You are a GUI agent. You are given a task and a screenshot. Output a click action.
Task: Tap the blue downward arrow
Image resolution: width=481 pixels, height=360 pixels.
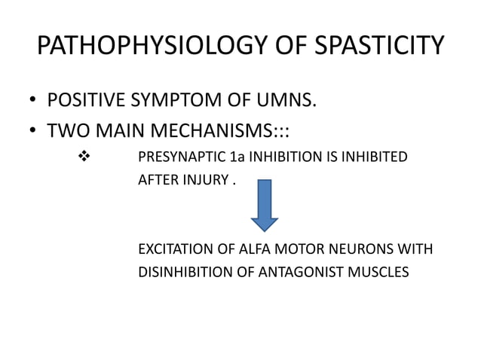point(265,203)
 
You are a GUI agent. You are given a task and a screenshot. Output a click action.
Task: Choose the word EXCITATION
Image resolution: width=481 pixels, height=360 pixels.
point(175,249)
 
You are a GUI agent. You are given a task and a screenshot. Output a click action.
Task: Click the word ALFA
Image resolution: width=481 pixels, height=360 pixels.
point(247,249)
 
